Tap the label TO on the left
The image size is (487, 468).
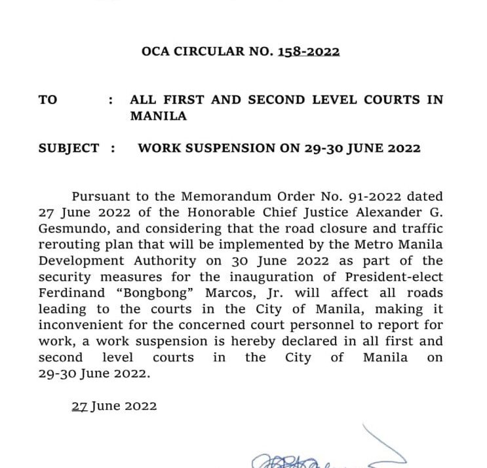point(48,100)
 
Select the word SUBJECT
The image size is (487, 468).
point(69,148)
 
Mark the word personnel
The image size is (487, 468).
point(317,325)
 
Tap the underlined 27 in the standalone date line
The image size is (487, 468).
point(79,406)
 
